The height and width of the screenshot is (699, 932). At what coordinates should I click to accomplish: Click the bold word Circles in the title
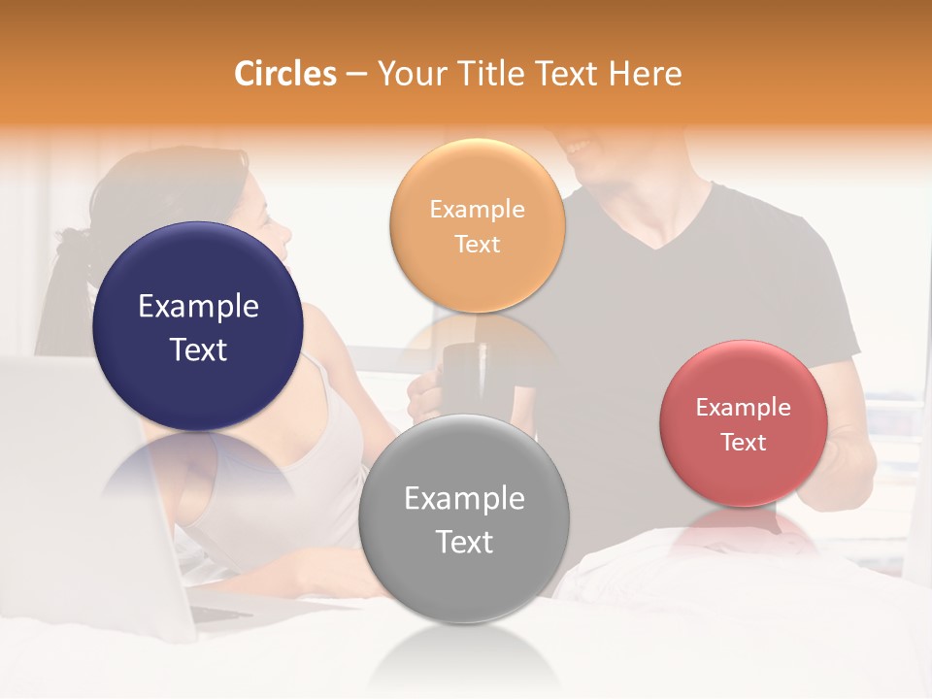(285, 74)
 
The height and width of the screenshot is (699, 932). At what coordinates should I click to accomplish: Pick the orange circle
(477, 226)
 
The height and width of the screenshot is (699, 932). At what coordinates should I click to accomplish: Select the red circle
(744, 423)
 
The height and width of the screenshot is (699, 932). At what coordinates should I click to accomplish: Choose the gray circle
(464, 518)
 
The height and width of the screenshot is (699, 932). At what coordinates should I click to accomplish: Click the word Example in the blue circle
(198, 307)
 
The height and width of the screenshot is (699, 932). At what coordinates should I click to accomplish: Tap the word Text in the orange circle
(477, 245)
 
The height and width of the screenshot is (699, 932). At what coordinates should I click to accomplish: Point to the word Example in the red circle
(744, 408)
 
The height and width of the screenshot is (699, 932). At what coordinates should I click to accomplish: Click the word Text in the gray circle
(464, 542)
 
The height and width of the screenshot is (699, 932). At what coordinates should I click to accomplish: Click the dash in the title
(356, 75)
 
